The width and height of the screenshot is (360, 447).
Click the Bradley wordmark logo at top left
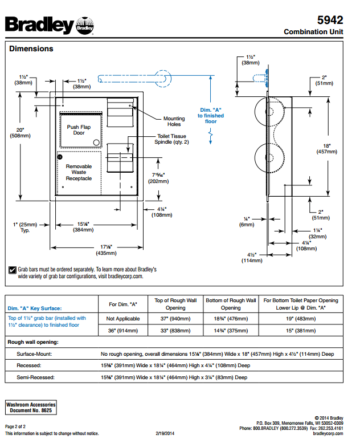pos(39,25)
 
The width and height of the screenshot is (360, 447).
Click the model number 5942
pos(330,20)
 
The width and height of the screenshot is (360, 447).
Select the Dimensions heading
pos(31,49)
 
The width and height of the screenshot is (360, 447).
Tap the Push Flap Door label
pos(79,130)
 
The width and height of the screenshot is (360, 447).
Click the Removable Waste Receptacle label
pos(79,172)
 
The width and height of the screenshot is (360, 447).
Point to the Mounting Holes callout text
pos(174,121)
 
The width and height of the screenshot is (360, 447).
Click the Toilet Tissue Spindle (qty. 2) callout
pos(172,139)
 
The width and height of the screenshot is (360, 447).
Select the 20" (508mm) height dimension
pos(21,133)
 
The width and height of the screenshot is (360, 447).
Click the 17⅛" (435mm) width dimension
pos(106,250)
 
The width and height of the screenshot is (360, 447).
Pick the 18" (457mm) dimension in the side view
pos(327,149)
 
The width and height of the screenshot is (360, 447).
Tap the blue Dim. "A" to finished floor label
pos(211,115)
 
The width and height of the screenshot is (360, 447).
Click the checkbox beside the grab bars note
pos(13,270)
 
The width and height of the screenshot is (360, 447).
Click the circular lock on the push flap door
pos(96,143)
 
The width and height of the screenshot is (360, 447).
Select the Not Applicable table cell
pos(123,319)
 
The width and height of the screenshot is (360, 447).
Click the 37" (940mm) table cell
pos(175,319)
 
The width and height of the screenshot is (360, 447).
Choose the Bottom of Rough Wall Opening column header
pos(231,304)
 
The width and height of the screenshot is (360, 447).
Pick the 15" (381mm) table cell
pos(301,331)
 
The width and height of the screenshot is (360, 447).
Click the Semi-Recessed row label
pos(35,377)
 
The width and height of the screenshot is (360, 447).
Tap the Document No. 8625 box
pos(31,407)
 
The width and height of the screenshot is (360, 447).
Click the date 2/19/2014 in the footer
pos(165,433)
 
